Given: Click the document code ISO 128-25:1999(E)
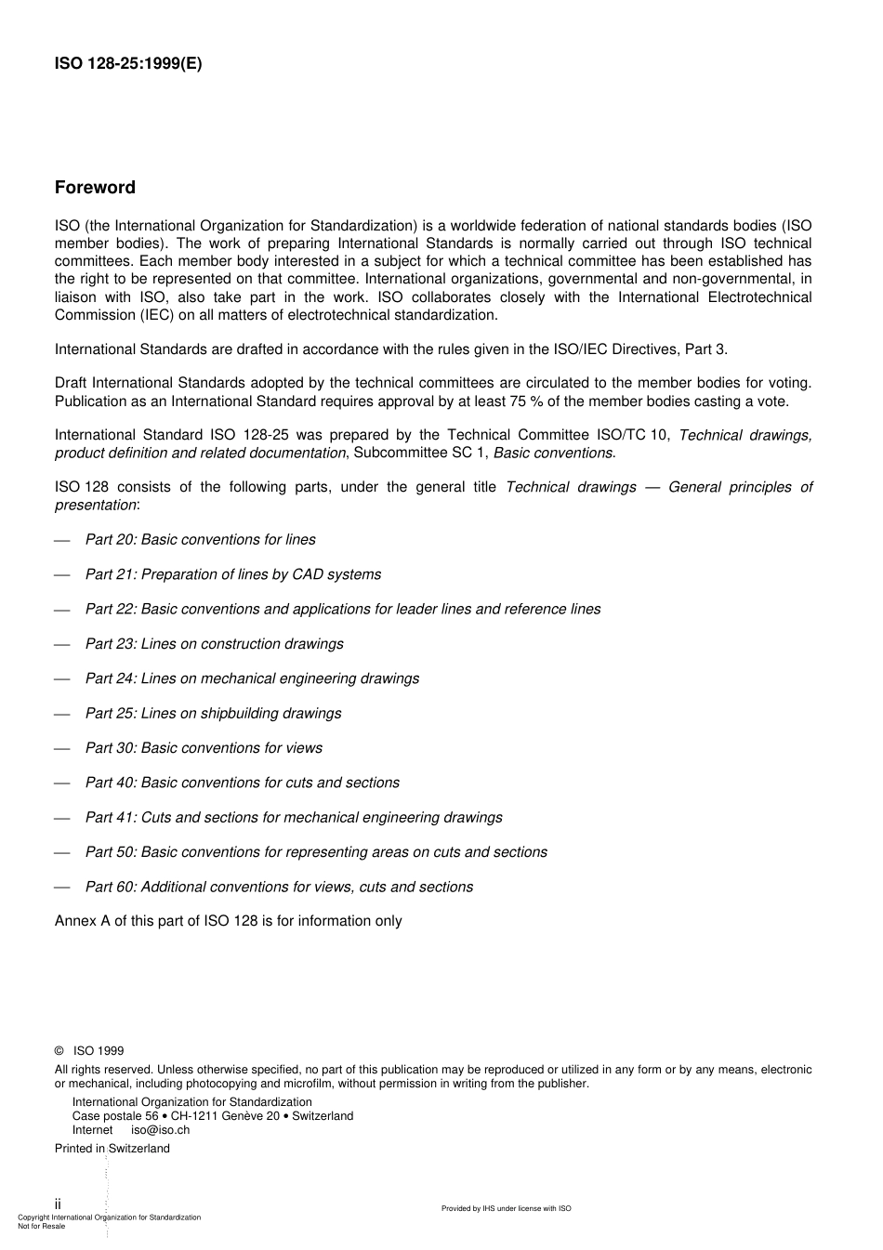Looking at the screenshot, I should [x=127, y=64].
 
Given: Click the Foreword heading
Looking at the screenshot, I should [x=95, y=188].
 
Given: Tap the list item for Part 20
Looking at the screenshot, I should [x=200, y=540].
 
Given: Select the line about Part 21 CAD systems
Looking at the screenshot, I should [x=232, y=574].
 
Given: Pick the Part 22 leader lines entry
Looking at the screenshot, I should [x=342, y=610].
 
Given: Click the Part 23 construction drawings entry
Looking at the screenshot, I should [x=214, y=644].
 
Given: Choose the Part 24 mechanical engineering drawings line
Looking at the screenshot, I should [x=252, y=678].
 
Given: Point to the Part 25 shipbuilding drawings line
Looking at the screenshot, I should [x=213, y=714].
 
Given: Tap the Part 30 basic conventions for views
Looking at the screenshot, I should [x=204, y=748].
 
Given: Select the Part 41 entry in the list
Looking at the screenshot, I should [x=293, y=818].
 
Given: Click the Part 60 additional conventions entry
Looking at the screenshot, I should [x=279, y=888].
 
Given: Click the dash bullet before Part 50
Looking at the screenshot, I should [x=62, y=853].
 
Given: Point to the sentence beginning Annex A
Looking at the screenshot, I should [x=228, y=921].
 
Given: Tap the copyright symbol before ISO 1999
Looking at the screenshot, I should [x=59, y=1051].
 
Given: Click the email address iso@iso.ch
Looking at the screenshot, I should [x=160, y=1130].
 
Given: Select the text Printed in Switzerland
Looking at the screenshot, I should [x=112, y=1149].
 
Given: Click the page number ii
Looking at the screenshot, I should [x=58, y=1204].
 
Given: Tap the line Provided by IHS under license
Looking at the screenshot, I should [x=506, y=1208].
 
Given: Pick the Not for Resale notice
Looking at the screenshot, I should [x=42, y=1226].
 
